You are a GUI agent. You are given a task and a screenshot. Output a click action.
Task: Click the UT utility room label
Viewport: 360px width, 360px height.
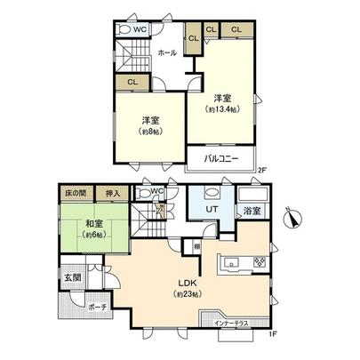[213, 211]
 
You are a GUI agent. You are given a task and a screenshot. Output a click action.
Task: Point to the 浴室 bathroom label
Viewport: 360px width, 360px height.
[252, 212]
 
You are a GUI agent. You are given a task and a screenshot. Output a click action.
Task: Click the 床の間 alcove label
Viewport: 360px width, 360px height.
[75, 192]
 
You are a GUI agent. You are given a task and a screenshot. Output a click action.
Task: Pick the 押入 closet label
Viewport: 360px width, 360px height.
[111, 192]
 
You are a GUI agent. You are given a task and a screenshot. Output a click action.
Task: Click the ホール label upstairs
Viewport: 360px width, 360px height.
[166, 54]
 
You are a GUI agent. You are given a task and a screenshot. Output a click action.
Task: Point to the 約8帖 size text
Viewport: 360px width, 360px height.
[148, 132]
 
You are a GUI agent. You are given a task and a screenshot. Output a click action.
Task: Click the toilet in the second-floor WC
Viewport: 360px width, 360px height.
[124, 29]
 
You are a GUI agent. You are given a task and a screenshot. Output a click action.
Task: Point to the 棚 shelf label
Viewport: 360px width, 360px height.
[196, 245]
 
